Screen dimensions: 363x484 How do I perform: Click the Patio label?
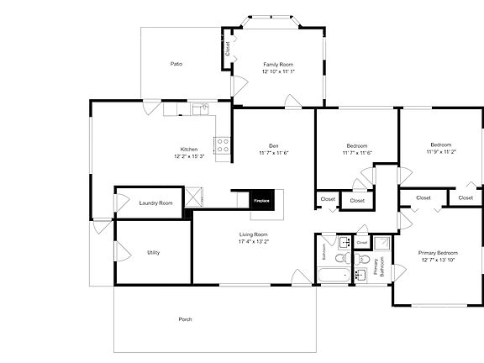176,64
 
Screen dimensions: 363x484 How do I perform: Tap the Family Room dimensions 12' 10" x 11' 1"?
277,72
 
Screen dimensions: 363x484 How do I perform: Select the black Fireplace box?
260,200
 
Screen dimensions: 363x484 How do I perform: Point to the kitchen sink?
200,108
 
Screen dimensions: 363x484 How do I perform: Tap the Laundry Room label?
155,203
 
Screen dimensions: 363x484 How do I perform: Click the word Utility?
153,252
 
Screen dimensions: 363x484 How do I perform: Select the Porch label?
185,319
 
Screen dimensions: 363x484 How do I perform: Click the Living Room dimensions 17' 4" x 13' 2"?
254,242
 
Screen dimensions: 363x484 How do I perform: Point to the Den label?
274,145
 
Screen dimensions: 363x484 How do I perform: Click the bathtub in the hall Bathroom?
334,276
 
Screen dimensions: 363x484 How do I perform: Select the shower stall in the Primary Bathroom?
381,244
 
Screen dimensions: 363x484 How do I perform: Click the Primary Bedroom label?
439,252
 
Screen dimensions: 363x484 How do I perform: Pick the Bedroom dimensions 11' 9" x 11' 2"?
441,152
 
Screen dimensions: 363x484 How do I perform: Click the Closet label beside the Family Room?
227,48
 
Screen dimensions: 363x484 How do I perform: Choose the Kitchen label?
189,150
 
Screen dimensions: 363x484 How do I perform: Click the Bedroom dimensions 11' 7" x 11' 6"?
357,152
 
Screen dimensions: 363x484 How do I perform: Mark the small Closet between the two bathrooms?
361,242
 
